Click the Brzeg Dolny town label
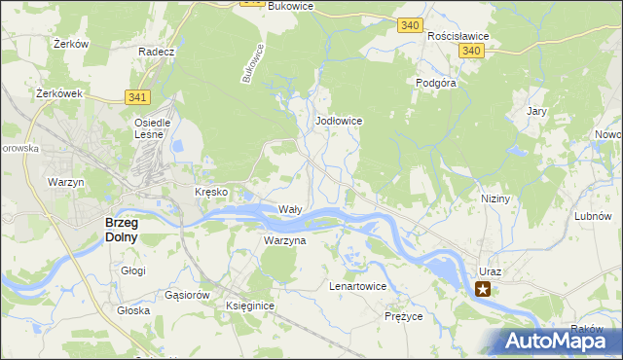coord(122,229)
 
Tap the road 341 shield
coord(137,96)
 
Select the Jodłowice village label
coord(340,121)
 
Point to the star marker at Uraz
coord(483,288)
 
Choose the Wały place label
coord(291,209)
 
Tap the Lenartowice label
coord(358,287)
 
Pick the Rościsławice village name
coord(458,36)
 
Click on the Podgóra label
coord(436,84)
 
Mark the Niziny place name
coord(495,198)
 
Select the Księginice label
coord(250,306)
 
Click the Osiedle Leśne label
coord(152,128)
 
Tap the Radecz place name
coord(156,52)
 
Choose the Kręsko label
coord(211,193)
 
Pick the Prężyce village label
coord(403,316)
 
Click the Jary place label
coord(536,112)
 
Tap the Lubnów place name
coord(592,216)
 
